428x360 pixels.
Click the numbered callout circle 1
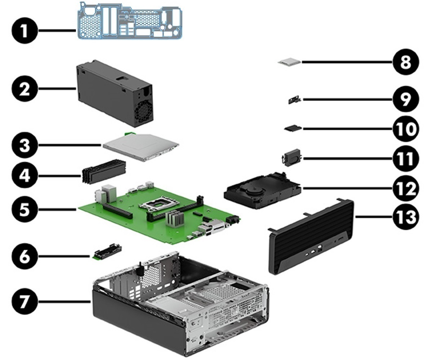tap(24, 31)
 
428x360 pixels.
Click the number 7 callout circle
tap(24, 302)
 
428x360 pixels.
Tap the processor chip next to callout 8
tap(289, 62)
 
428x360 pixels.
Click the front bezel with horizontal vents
tap(310, 238)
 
